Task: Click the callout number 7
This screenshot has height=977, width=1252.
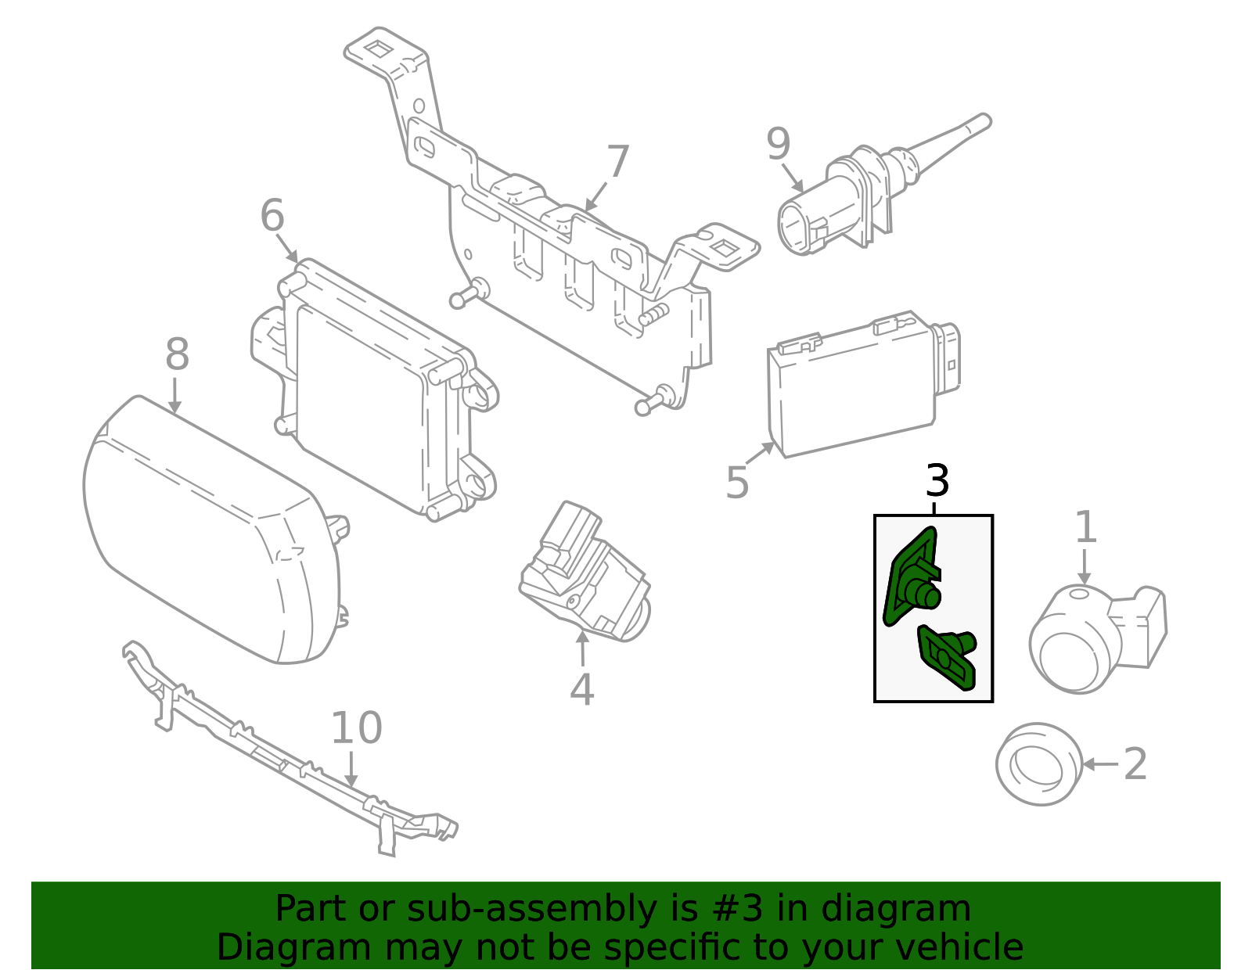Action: click(x=617, y=161)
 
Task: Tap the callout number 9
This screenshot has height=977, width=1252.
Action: click(x=779, y=144)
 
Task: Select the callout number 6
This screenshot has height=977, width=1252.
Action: click(x=272, y=215)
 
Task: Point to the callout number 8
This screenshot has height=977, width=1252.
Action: click(x=177, y=354)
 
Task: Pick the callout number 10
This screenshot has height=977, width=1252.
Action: click(x=356, y=728)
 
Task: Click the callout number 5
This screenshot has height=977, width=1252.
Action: click(x=737, y=483)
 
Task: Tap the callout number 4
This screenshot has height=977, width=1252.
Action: click(x=581, y=689)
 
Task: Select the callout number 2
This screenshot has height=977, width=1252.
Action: click(x=1135, y=763)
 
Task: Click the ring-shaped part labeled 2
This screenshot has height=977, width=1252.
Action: click(x=1038, y=764)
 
